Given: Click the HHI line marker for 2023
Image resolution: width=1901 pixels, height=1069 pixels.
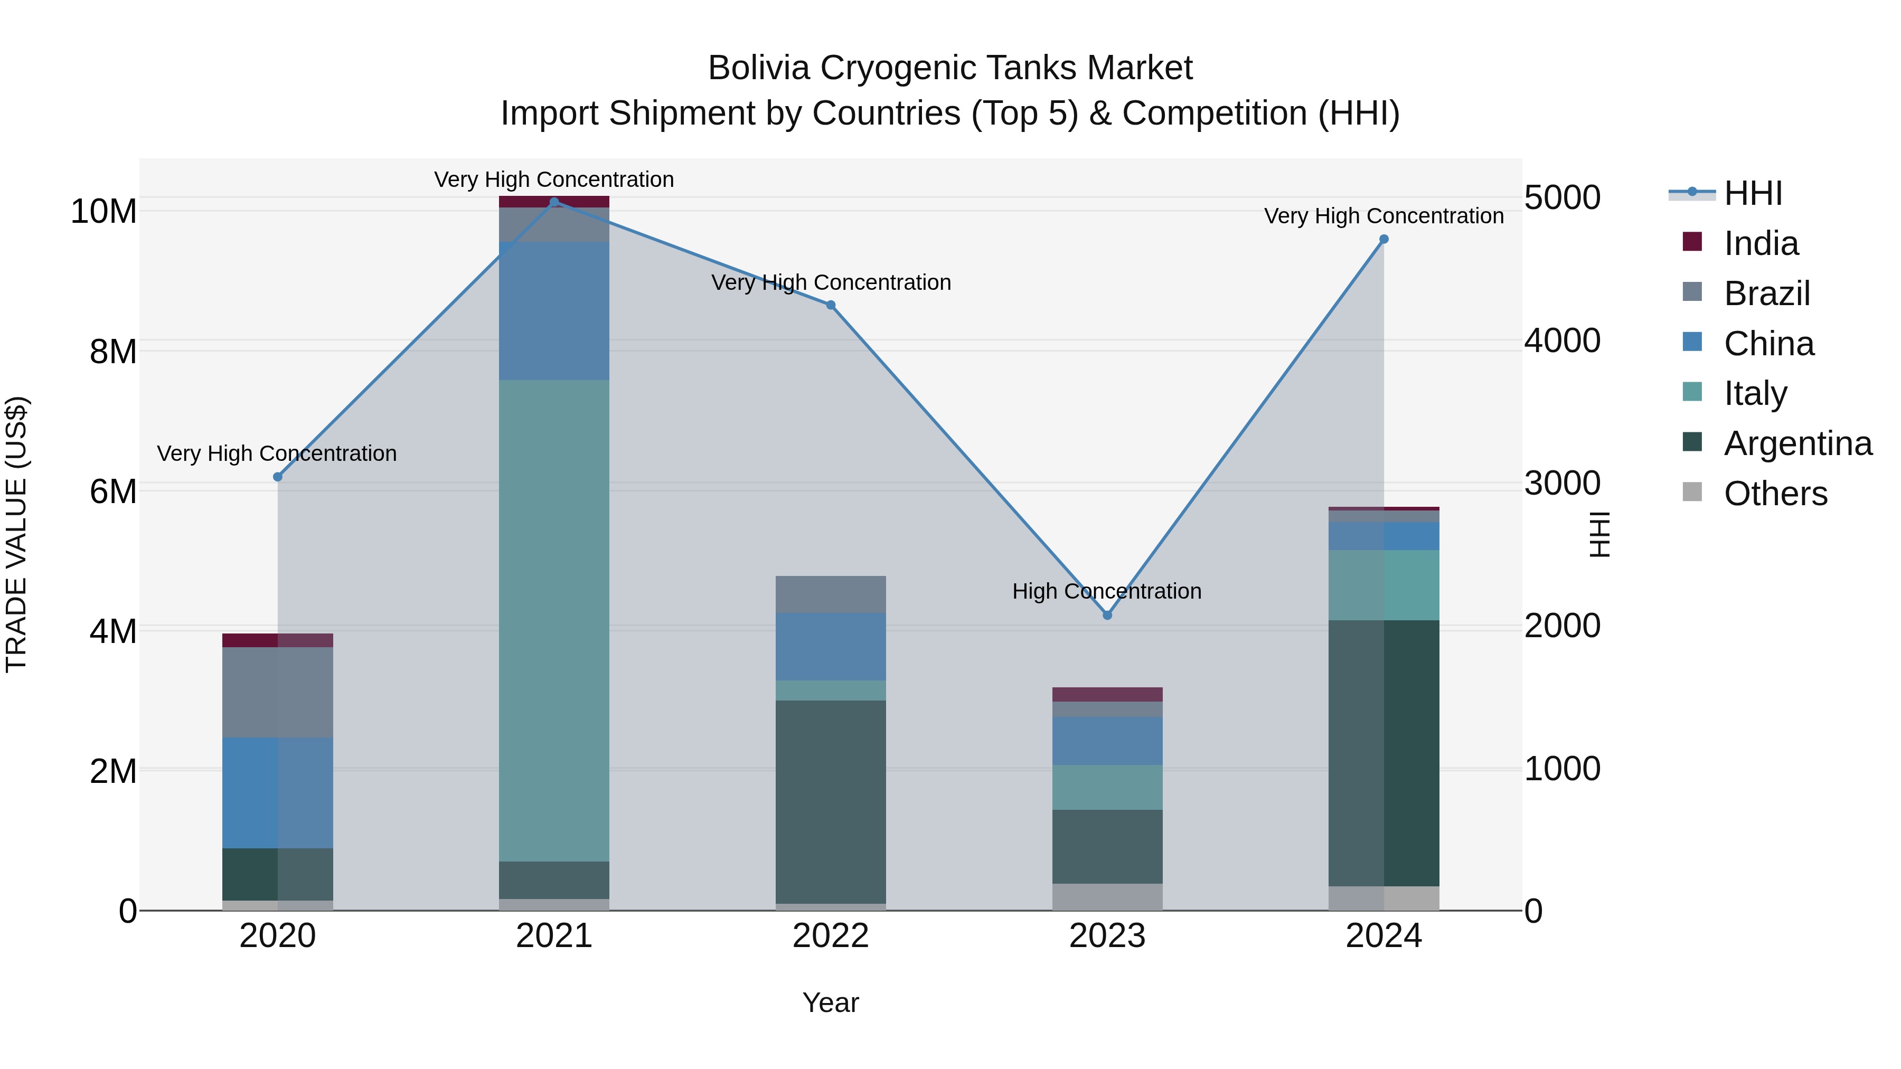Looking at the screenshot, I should tap(1107, 616).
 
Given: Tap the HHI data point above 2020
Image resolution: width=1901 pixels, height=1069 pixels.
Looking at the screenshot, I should tap(277, 477).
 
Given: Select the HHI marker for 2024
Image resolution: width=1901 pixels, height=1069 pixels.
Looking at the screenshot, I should tap(1384, 239).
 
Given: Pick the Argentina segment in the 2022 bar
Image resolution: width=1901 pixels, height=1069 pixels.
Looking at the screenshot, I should tap(830, 802).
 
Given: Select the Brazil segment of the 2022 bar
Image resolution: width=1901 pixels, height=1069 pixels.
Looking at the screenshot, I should tap(830, 594).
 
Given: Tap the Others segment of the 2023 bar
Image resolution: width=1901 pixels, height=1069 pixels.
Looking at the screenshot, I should tap(1107, 896).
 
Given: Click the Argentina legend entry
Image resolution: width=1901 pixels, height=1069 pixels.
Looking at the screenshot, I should tap(1798, 443).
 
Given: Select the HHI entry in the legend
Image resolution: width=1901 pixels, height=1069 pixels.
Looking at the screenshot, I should tap(1753, 193).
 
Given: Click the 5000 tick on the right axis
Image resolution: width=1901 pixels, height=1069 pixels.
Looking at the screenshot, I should tap(1563, 198).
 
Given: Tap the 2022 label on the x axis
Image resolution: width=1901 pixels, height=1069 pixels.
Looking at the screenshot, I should tap(830, 936).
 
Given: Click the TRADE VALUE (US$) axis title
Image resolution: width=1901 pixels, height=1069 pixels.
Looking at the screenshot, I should tap(16, 534).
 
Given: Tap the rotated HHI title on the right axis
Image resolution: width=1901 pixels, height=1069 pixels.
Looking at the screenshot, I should tap(1598, 534).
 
